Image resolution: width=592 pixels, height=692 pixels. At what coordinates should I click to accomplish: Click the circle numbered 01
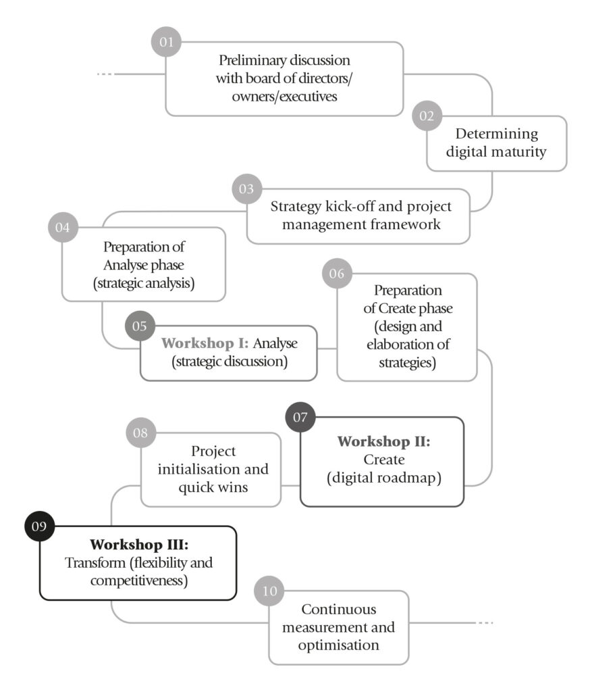pyautogui.click(x=166, y=43)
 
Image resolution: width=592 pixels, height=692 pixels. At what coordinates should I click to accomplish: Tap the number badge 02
pyautogui.click(x=427, y=116)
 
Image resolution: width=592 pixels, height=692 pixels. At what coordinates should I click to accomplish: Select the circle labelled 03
pyautogui.click(x=246, y=189)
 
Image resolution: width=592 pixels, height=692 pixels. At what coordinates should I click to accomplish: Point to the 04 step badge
pyautogui.click(x=63, y=228)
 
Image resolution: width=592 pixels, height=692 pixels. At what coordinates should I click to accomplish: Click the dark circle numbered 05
pyautogui.click(x=140, y=326)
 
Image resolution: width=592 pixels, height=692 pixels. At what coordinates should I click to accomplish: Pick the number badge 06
pyautogui.click(x=337, y=274)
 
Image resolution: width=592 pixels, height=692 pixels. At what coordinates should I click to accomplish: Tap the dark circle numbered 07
pyautogui.click(x=300, y=417)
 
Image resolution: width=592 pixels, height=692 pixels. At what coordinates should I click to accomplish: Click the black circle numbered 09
pyautogui.click(x=39, y=526)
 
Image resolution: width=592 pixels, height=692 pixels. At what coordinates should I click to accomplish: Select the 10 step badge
pyautogui.click(x=269, y=591)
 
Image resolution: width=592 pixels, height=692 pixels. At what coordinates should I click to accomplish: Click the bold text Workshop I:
pyautogui.click(x=205, y=343)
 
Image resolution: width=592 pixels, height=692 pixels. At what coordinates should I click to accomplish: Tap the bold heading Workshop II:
pyautogui.click(x=383, y=442)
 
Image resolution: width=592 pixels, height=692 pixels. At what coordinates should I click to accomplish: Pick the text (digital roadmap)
pyautogui.click(x=383, y=478)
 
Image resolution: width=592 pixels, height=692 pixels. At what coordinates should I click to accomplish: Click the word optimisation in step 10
pyautogui.click(x=339, y=645)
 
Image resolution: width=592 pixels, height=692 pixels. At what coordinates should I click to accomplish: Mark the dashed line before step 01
pyautogui.click(x=106, y=74)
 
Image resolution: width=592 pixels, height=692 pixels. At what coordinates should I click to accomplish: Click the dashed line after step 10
pyautogui.click(x=485, y=622)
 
